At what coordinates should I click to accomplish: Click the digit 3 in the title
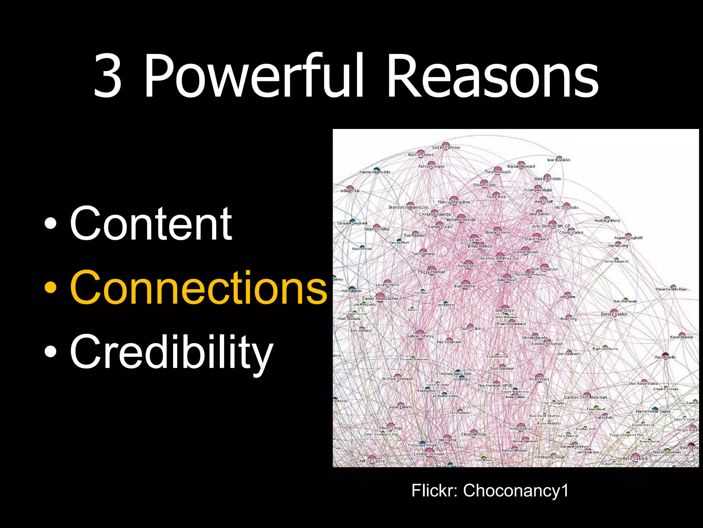click(108, 76)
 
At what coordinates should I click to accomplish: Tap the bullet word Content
click(151, 223)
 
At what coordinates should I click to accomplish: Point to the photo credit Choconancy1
click(516, 490)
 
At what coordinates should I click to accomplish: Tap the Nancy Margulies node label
click(454, 202)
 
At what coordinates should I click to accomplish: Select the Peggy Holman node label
click(431, 272)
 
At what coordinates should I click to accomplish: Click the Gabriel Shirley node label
click(420, 336)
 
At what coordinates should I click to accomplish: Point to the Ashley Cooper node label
click(431, 166)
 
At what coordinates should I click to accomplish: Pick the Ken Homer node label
click(465, 286)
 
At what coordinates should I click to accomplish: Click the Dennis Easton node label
click(614, 314)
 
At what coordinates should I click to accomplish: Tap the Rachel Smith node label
click(665, 357)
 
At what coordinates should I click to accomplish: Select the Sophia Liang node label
click(618, 246)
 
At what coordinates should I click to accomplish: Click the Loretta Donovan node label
click(429, 454)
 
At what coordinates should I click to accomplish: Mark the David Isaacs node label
click(537, 239)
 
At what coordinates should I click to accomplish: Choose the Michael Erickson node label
click(397, 379)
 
